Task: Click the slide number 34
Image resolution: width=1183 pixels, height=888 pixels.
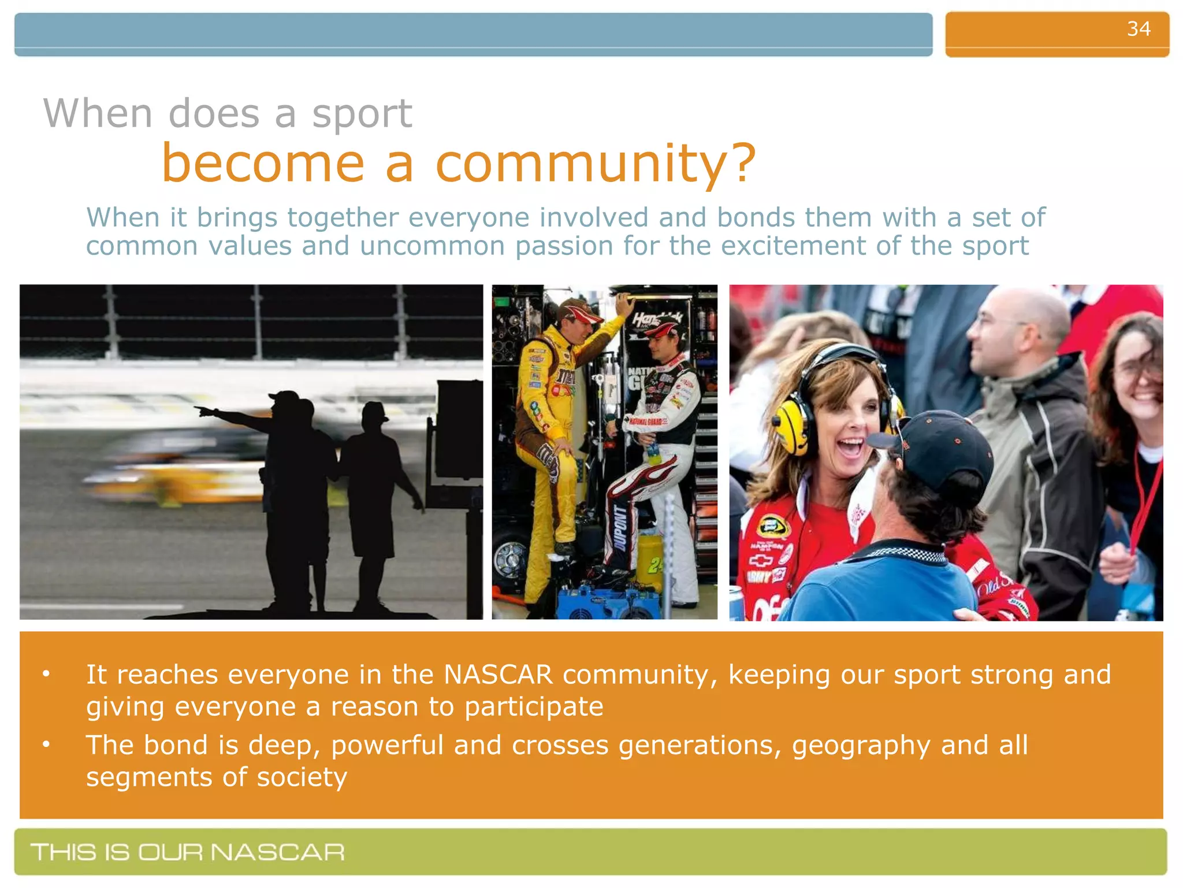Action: [1139, 29]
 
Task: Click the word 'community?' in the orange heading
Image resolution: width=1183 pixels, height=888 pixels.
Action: [595, 164]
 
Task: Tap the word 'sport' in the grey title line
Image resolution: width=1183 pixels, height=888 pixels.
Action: [362, 114]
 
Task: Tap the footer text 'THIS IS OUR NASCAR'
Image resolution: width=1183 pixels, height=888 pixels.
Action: [188, 852]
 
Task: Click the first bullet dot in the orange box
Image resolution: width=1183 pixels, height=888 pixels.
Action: [46, 674]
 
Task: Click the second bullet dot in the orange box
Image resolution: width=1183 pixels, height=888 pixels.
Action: [46, 745]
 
